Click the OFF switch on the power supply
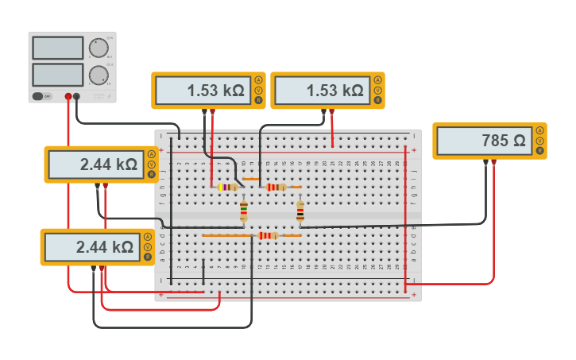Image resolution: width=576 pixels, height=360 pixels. click(x=37, y=96)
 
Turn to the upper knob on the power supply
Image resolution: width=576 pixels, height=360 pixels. click(x=99, y=48)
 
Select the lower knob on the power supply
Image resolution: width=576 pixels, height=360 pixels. click(x=99, y=75)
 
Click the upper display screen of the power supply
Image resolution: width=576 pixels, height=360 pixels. click(x=57, y=48)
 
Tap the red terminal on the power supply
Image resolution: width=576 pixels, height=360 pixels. click(x=68, y=96)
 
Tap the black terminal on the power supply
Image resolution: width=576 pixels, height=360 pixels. click(x=76, y=96)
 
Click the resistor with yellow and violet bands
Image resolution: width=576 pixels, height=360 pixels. click(x=228, y=188)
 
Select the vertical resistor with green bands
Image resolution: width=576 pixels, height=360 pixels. click(x=244, y=211)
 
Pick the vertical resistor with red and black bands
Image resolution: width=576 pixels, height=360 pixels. click(x=300, y=211)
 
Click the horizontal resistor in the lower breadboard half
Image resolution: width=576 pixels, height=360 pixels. click(x=268, y=235)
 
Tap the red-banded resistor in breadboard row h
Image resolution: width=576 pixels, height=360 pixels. click(x=276, y=188)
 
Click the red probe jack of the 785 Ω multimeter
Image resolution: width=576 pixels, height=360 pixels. click(x=493, y=161)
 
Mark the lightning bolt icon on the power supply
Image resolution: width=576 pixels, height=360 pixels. click(x=99, y=96)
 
